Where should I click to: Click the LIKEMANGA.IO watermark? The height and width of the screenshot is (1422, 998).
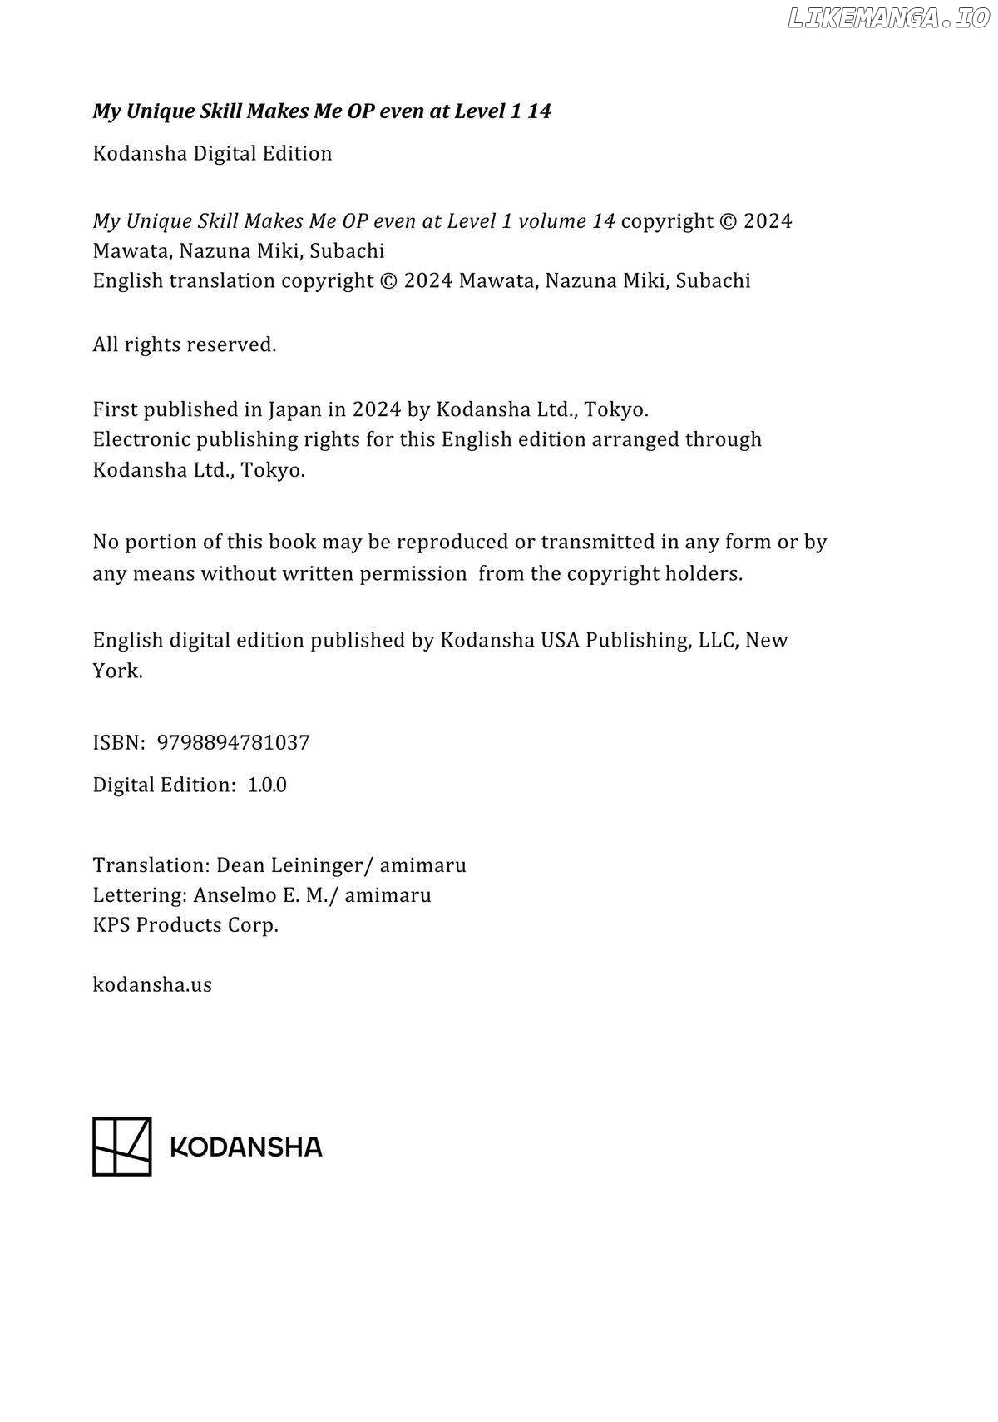pos(887,18)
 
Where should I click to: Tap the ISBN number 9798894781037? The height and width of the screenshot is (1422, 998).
pos(233,742)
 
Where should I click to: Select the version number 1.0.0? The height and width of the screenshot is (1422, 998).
pos(267,785)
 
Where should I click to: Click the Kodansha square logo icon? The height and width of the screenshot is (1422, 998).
pos(121,1146)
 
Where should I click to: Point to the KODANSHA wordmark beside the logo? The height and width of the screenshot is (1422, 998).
pos(245,1147)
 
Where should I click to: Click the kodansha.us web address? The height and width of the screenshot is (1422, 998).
pos(152,984)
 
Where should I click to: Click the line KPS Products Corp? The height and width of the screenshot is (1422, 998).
pos(185,925)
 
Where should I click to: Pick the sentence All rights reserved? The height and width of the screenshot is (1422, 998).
pos(184,344)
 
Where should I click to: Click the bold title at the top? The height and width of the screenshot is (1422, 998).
pos(322,111)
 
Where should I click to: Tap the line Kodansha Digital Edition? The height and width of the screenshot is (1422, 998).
pos(212,153)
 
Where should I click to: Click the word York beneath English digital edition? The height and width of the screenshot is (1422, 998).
pos(116,671)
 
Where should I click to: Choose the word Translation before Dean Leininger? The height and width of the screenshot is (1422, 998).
pos(151,865)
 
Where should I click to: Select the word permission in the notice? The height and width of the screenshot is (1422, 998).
pos(413,573)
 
